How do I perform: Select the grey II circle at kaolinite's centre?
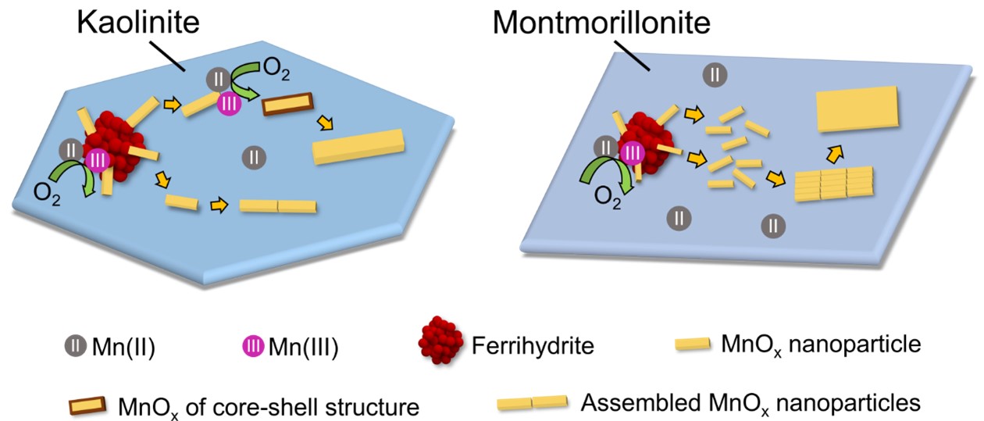click(x=254, y=157)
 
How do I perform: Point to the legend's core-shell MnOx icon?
click(x=87, y=405)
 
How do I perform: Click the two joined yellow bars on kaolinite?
click(x=278, y=206)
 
